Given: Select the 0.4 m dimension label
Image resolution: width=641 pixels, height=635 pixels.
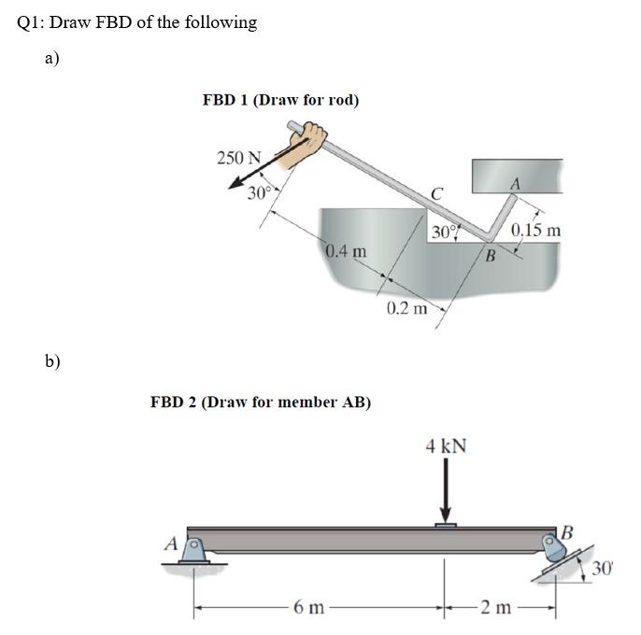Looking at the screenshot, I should (x=346, y=251).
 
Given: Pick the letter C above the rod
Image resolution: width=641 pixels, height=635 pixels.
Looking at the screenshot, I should (x=437, y=193).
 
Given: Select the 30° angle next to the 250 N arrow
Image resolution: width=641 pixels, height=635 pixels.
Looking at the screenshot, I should (x=259, y=193).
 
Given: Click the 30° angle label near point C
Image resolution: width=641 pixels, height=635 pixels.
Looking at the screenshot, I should (x=443, y=230).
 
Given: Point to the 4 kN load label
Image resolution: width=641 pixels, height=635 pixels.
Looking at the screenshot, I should (x=446, y=446).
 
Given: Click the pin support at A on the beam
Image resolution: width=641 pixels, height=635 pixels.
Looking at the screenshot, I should (x=193, y=553).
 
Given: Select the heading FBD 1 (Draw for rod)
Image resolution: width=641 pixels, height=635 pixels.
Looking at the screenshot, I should (x=280, y=99).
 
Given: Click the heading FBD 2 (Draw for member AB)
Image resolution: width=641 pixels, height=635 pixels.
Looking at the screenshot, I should (x=261, y=402).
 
